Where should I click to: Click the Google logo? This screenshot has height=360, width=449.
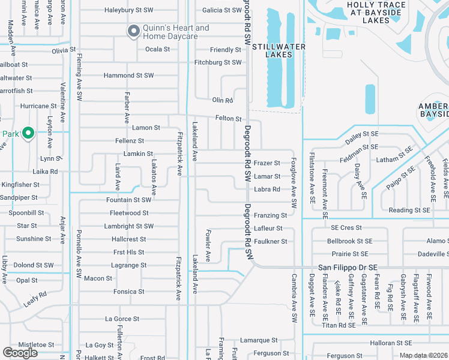point(20,353)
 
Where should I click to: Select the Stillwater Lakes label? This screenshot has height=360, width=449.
point(279,50)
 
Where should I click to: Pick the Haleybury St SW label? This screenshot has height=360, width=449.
point(128,10)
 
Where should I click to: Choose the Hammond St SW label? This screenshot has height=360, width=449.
point(128,76)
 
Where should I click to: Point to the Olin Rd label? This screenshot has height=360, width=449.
point(222,100)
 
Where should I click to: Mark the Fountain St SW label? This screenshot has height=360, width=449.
point(128,200)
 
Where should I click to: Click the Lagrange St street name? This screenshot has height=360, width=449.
point(129,265)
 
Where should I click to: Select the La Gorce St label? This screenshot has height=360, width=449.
point(122,319)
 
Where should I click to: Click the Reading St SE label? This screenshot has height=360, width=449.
point(409,210)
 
